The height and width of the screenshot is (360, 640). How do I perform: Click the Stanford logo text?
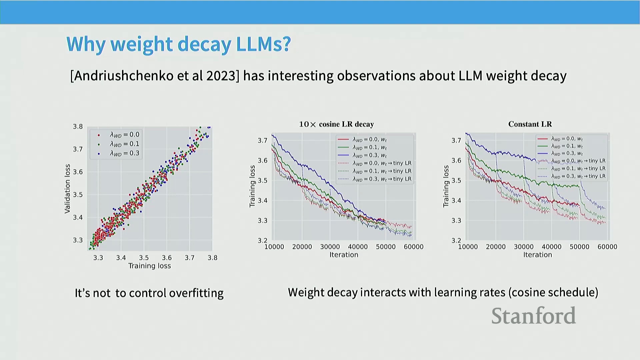(533, 316)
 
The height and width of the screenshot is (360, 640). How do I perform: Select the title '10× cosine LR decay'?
(336, 124)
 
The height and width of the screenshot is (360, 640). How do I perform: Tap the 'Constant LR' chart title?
(530, 124)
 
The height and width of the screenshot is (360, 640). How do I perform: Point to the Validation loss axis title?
(68, 189)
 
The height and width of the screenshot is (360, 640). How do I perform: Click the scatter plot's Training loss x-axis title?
(149, 266)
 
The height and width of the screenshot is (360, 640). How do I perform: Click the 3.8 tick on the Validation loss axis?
(78, 126)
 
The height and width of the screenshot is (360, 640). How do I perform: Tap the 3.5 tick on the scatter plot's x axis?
(144, 258)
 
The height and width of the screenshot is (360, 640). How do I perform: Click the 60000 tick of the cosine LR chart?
(413, 247)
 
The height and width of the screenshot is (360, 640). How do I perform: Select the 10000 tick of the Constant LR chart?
(468, 247)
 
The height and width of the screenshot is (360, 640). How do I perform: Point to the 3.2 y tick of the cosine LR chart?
(262, 240)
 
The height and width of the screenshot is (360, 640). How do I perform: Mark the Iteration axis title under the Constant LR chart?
(537, 255)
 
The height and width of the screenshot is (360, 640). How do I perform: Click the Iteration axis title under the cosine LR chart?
(344, 255)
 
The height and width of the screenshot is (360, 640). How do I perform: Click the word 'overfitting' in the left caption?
(196, 293)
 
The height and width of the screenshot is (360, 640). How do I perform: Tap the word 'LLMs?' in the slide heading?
(263, 44)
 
